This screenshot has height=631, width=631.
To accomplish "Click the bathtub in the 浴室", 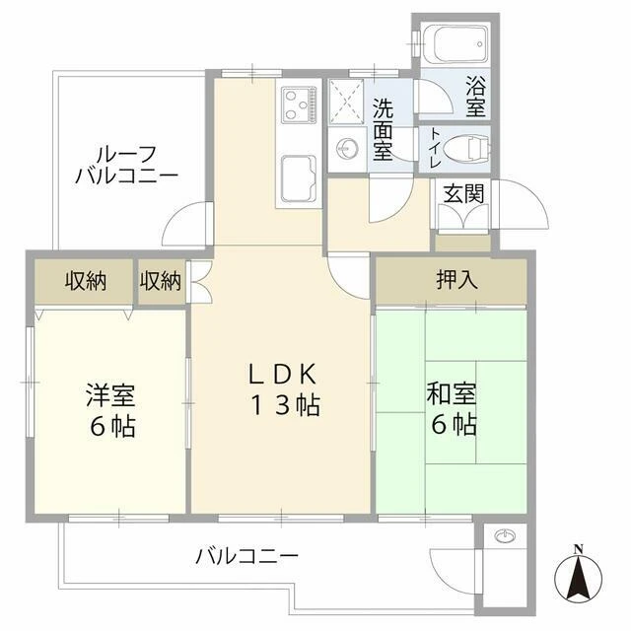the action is [x=456, y=43].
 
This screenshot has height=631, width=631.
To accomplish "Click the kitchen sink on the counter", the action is [x=298, y=178].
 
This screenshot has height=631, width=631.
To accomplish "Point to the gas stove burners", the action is [x=298, y=105].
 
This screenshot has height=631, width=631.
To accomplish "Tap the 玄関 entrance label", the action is [x=463, y=194].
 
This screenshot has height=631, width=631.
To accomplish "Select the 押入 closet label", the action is [x=457, y=280].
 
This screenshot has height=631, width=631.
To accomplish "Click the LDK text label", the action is [x=283, y=375].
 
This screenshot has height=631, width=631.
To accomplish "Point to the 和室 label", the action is [x=452, y=393].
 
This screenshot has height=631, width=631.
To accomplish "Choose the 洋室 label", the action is [x=110, y=395].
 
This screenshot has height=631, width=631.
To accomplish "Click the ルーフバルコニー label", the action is [x=126, y=165].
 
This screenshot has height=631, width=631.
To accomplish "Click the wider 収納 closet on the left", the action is [x=84, y=281].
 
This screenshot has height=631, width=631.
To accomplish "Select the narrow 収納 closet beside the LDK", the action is [x=162, y=281].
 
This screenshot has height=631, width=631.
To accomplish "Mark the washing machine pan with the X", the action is [x=346, y=101].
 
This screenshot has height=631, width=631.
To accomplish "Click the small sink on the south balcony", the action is [x=505, y=536].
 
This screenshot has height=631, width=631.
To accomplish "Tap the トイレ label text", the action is [x=435, y=148].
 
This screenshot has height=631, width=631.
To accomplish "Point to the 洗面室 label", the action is [x=383, y=129].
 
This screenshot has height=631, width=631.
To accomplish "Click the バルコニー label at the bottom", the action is [x=247, y=556].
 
